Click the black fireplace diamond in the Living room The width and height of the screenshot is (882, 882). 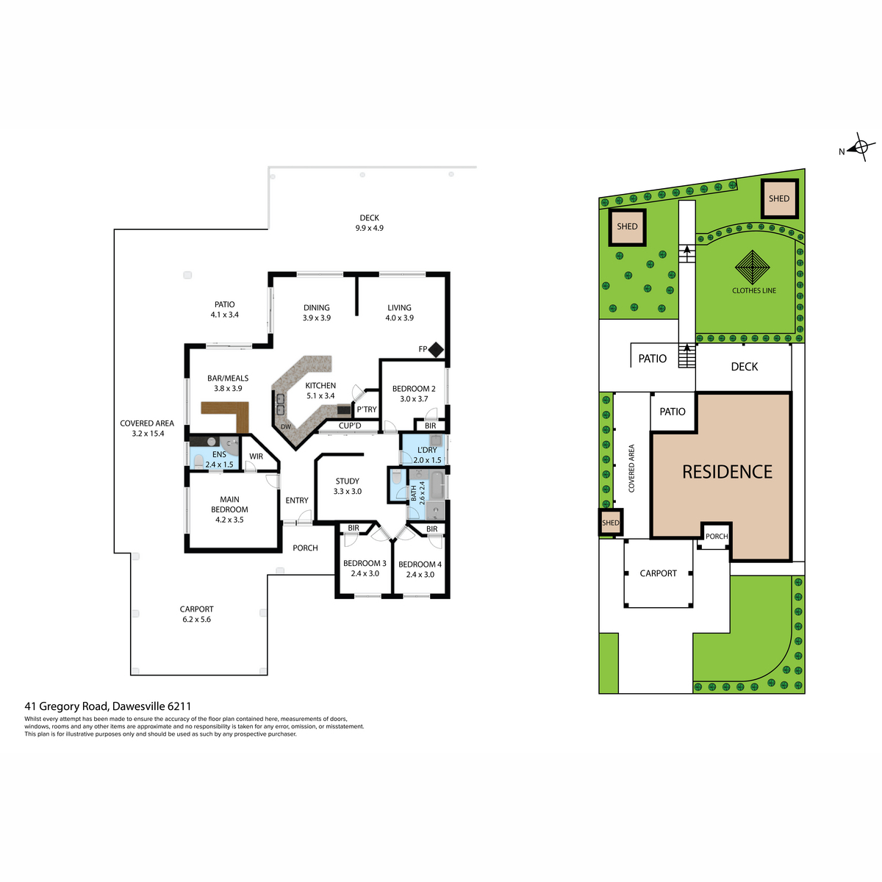435,350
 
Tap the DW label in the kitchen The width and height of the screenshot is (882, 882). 286,426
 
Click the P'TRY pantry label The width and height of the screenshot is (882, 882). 367,409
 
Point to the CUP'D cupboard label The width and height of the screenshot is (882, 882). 350,426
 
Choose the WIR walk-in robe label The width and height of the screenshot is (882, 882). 256,456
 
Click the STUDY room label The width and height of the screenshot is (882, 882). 348,481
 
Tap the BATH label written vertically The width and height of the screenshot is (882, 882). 413,493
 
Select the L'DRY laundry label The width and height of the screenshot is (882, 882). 427,450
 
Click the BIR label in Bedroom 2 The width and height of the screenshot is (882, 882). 430,426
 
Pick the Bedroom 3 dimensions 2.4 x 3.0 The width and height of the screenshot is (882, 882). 365,573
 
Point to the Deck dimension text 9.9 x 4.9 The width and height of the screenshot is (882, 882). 370,228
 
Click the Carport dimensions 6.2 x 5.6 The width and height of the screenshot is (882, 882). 196,620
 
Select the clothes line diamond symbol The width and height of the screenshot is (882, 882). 752,267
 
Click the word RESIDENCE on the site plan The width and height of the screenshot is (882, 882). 727,472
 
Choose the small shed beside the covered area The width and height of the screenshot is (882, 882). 610,523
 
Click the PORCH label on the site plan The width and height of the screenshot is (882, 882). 717,536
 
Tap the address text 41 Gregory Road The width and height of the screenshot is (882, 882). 67,706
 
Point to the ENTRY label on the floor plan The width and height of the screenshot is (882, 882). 297,501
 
